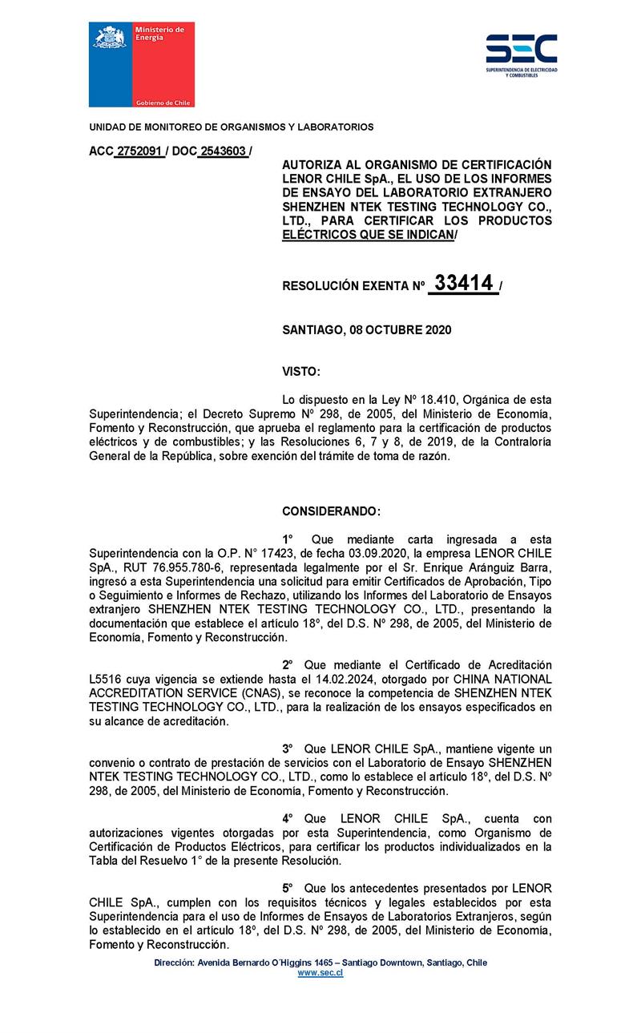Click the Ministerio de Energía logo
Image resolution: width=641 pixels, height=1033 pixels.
tap(141, 65)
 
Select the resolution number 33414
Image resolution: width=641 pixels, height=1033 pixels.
tap(462, 284)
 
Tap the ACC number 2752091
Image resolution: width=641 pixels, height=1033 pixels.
tap(139, 151)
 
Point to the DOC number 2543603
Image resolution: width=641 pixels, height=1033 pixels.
tap(222, 151)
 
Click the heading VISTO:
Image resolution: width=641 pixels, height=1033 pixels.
tap(301, 371)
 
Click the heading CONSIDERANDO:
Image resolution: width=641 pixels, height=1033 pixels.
tap(332, 511)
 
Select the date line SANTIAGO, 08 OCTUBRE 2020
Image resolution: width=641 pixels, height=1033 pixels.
tap(367, 329)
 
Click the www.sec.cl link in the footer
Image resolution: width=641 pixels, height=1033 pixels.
tap(320, 972)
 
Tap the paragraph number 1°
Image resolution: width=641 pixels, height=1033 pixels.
tap(288, 539)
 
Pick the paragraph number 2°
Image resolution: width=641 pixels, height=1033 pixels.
tap(288, 665)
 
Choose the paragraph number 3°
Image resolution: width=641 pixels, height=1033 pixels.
tap(288, 748)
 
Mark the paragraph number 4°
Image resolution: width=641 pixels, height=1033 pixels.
tap(288, 818)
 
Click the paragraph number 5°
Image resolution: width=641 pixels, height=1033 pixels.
tap(288, 889)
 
